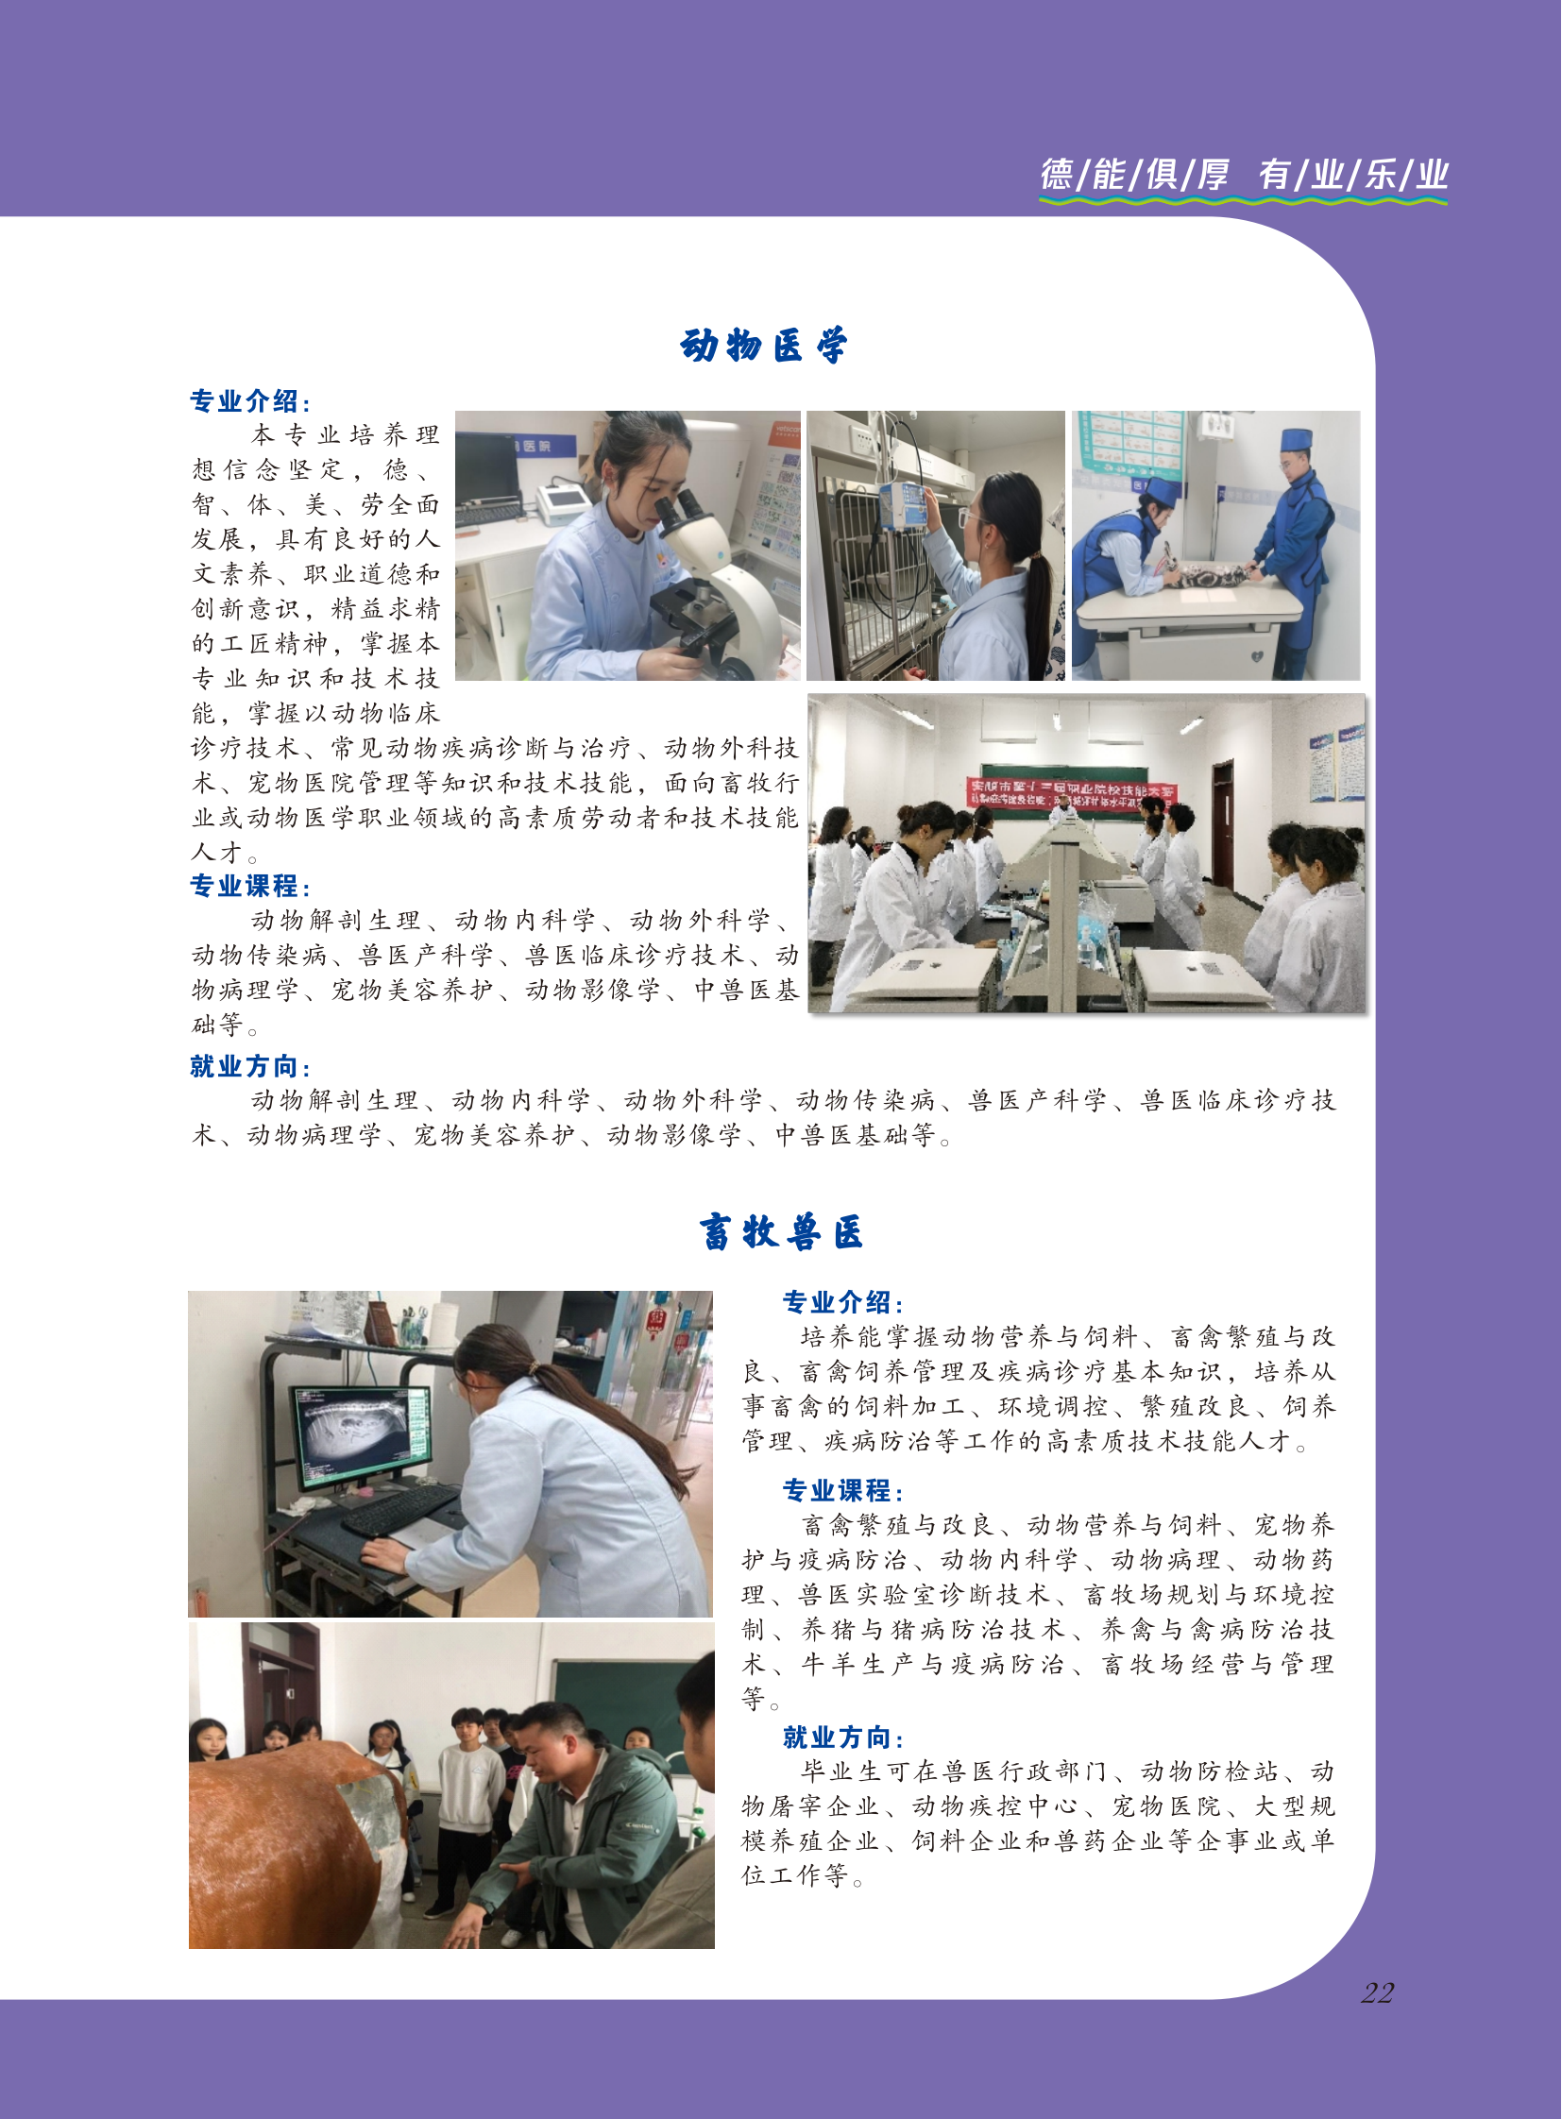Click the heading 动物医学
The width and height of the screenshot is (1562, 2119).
point(763,346)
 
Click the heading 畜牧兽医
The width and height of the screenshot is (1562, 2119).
point(781,1232)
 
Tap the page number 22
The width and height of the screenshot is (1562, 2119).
point(1378,1993)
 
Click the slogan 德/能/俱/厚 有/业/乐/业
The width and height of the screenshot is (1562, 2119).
point(1244,175)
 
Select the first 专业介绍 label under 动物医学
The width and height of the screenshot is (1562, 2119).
point(250,401)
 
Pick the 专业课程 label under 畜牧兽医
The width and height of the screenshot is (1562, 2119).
point(842,1491)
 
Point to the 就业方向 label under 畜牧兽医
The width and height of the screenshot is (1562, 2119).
point(842,1737)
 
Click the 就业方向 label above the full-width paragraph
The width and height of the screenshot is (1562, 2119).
point(250,1067)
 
